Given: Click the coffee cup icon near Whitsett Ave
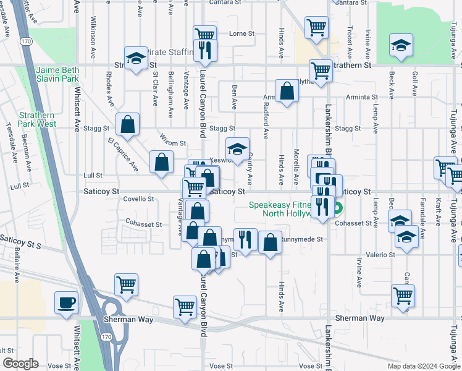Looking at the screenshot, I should tap(67, 303).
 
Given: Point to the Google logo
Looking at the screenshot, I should tap(20, 364).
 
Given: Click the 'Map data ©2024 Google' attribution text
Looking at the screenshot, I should tap(424, 366).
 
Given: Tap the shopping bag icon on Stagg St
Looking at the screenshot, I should tap(127, 124).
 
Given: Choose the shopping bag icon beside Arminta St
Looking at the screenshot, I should tap(287, 92).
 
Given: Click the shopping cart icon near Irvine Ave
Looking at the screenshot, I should tap(403, 296).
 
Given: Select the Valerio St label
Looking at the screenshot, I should tap(383, 255).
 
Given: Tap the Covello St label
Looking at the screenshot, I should tap(138, 199).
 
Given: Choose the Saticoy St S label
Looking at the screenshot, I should tap(20, 238).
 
